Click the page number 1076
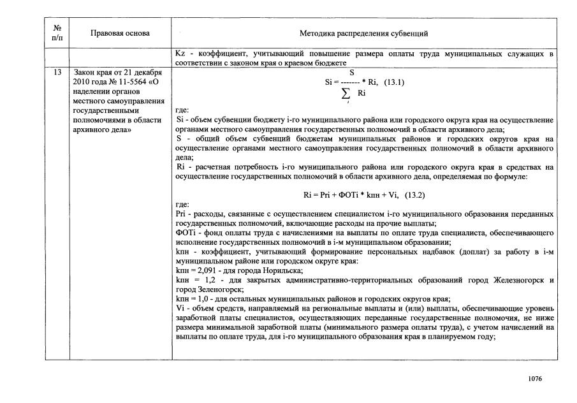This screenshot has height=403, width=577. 535,379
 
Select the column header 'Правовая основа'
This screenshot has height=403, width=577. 121,33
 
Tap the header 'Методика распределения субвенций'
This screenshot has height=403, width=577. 363,33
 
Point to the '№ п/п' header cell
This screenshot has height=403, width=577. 57,33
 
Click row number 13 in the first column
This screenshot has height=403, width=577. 57,73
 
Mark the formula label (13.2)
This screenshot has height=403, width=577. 413,194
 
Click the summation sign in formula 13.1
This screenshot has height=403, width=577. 347,94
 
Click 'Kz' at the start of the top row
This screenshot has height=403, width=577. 180,54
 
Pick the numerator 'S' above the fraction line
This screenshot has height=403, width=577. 351,73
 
